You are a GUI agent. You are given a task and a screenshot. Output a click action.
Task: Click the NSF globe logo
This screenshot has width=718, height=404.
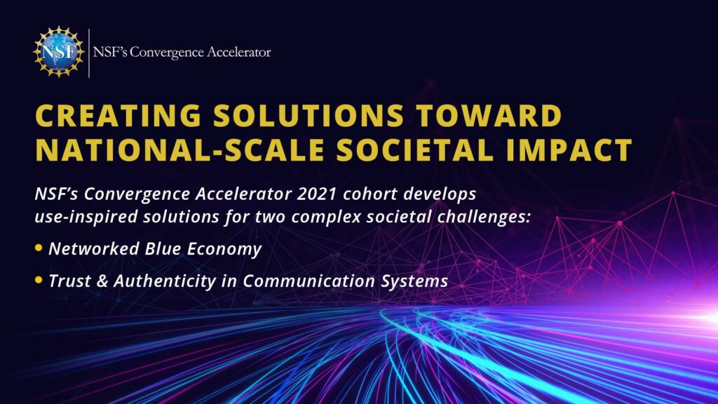pyautogui.click(x=59, y=52)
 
